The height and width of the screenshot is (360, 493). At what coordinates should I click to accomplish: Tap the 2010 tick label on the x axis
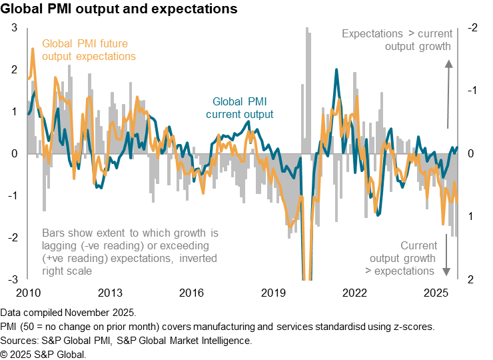[29, 293]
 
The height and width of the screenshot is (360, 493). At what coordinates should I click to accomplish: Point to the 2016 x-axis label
[192, 293]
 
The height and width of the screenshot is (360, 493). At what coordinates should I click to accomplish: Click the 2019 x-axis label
[273, 293]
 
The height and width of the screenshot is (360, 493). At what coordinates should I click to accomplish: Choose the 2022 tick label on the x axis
[355, 293]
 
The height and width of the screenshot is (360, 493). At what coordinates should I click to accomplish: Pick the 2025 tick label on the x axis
[436, 293]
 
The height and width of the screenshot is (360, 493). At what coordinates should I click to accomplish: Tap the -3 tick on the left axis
[13, 279]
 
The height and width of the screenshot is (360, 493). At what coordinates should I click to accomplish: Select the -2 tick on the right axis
[472, 28]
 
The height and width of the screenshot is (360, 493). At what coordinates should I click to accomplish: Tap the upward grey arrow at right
[448, 93]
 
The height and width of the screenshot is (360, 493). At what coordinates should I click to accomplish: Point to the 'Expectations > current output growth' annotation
[397, 40]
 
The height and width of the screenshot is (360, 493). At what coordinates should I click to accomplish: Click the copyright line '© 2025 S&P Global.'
[43, 354]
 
